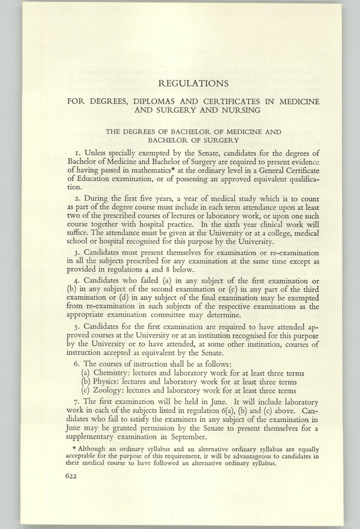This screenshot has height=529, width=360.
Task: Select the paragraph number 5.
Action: pyautogui.click(x=69, y=325)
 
